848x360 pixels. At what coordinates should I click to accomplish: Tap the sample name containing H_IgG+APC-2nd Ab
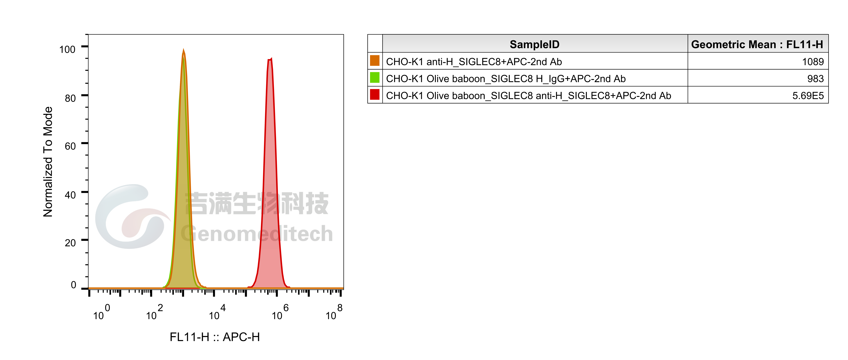(x=506, y=79)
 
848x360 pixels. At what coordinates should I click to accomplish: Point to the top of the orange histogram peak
(x=183, y=49)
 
